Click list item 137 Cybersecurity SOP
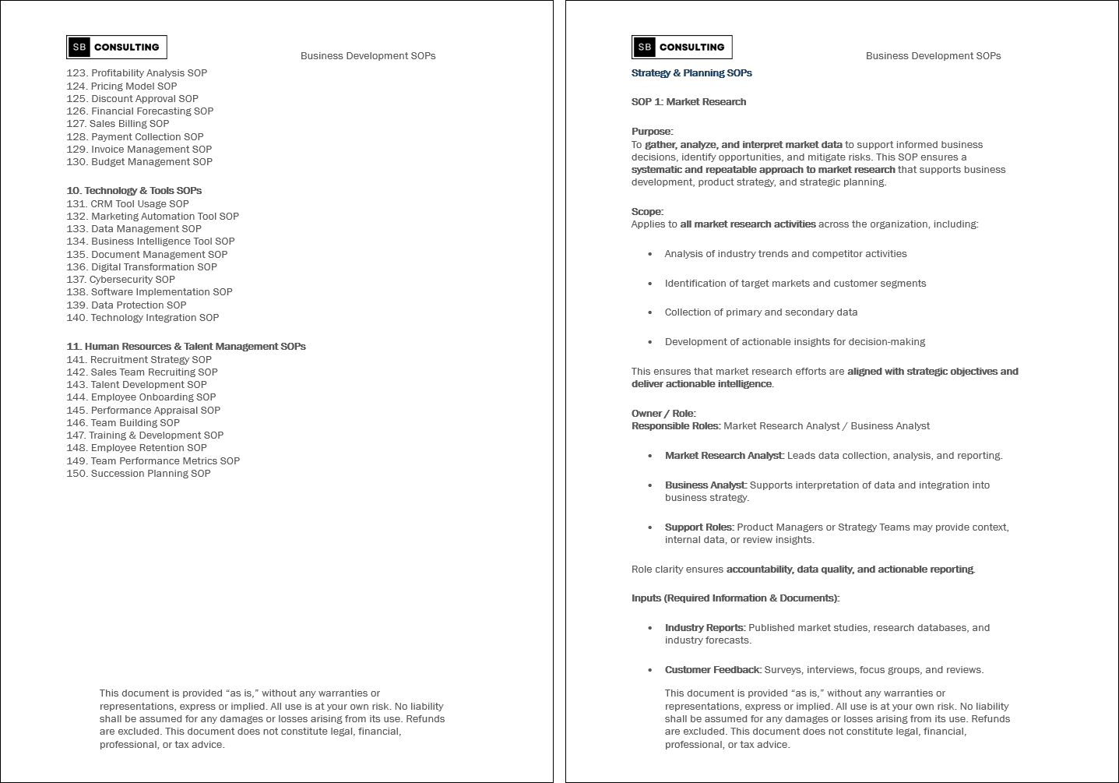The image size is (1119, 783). click(121, 280)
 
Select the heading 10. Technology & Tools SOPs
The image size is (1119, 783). click(134, 191)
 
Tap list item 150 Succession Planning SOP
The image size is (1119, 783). click(139, 474)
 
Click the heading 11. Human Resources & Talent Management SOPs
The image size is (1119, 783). click(186, 347)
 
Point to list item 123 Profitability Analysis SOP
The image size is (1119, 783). click(137, 73)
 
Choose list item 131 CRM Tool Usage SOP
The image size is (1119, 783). click(128, 204)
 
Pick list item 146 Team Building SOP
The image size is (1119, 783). click(123, 423)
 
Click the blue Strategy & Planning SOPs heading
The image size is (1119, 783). click(691, 73)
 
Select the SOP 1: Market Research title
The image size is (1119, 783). click(688, 102)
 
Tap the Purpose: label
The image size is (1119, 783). click(652, 132)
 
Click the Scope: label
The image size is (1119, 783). click(647, 212)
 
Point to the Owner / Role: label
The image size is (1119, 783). click(663, 414)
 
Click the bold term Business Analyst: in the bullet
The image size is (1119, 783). click(706, 485)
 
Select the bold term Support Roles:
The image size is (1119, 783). click(699, 527)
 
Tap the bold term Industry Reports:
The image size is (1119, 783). click(705, 628)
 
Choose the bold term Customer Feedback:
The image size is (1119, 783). click(713, 670)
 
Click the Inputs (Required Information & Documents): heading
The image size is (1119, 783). click(735, 598)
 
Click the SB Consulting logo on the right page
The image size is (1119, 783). click(681, 48)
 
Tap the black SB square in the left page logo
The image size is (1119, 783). click(79, 48)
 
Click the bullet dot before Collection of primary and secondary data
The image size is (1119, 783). click(650, 312)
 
